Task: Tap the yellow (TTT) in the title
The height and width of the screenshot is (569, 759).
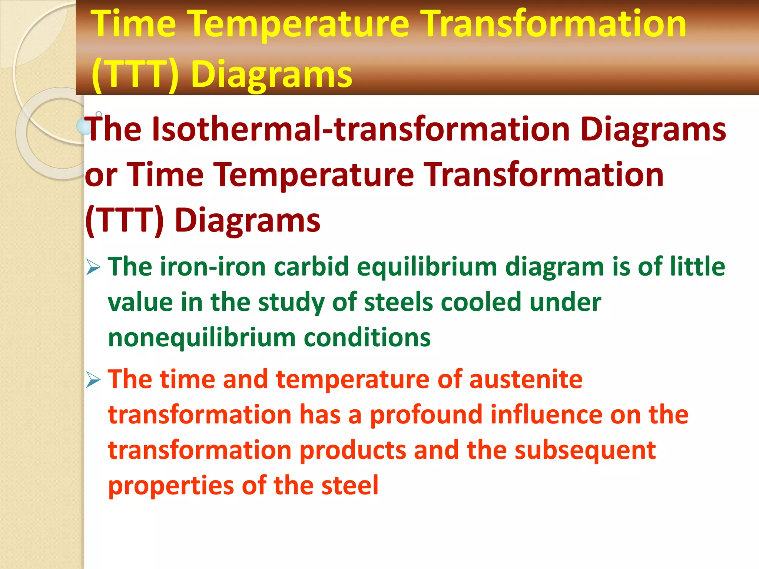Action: (x=135, y=74)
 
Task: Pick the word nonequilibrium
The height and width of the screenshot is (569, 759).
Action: (x=201, y=338)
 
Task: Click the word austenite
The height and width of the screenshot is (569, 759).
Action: (x=526, y=379)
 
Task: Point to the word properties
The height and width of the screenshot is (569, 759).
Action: (x=171, y=486)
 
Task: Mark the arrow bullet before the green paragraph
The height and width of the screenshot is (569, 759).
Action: (x=93, y=267)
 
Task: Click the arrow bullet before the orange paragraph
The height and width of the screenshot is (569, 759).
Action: (x=93, y=380)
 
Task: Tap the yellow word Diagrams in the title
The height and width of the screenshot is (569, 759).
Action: (x=272, y=74)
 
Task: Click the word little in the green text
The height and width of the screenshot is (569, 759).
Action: (x=697, y=267)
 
